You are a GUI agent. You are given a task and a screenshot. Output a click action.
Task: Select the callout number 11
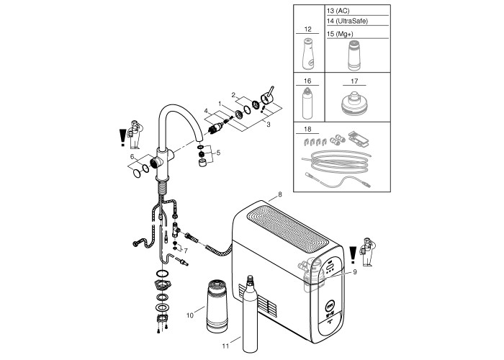pyautogui.click(x=225, y=346)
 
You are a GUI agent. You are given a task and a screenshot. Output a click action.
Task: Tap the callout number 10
pyautogui.click(x=191, y=314)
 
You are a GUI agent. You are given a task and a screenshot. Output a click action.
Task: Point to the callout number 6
pyautogui.click(x=132, y=156)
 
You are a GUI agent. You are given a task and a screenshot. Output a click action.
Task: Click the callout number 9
pyautogui.click(x=355, y=271)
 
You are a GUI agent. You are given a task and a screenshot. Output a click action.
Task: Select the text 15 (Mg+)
pyautogui.click(x=341, y=33)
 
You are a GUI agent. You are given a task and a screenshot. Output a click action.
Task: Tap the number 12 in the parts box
pyautogui.click(x=307, y=28)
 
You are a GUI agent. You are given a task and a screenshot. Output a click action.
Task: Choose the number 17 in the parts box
pyautogui.click(x=354, y=83)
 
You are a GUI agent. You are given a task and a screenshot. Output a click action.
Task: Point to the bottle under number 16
pyautogui.click(x=307, y=104)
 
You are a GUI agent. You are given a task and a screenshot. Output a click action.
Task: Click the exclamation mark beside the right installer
pyautogui.click(x=352, y=254)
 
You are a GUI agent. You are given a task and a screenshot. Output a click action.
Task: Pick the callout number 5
pyautogui.click(x=219, y=153)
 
